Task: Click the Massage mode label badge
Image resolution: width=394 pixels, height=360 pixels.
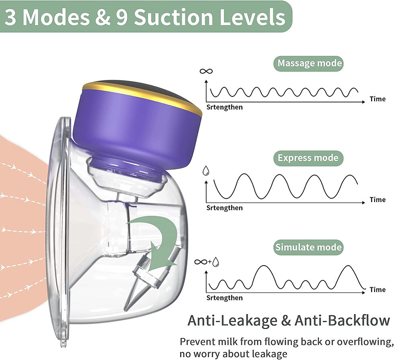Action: pyautogui.click(x=310, y=63)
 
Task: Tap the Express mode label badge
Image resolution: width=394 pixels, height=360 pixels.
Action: pyautogui.click(x=308, y=157)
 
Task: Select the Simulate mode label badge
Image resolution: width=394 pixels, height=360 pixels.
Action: pyautogui.click(x=308, y=247)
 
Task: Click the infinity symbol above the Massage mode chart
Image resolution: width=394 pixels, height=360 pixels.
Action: pyautogui.click(x=206, y=72)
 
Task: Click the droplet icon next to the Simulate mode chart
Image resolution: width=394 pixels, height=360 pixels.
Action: pyautogui.click(x=216, y=262)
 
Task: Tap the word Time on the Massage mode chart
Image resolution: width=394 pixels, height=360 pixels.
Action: pyautogui.click(x=377, y=99)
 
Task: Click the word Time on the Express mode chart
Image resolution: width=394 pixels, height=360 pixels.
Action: pyautogui.click(x=377, y=200)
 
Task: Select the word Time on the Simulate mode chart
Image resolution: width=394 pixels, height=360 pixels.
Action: pyautogui.click(x=377, y=289)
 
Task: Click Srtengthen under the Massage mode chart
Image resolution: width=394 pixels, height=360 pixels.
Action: pyautogui.click(x=224, y=107)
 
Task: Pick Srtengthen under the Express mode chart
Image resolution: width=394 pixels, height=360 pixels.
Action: pyautogui.click(x=224, y=208)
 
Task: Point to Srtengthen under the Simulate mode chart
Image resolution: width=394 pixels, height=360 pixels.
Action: pyautogui.click(x=224, y=298)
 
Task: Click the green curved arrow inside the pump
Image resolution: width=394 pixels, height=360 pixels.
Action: pyautogui.click(x=161, y=237)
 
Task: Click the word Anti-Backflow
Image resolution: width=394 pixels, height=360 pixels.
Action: pyautogui.click(x=342, y=320)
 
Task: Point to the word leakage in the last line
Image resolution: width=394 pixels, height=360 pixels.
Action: pyautogui.click(x=267, y=354)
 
